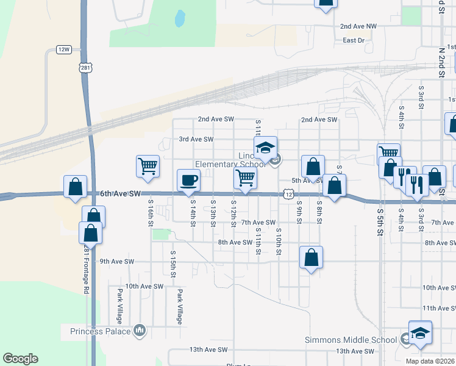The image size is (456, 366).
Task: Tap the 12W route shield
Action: click(x=63, y=49)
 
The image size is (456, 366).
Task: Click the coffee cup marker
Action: click(x=188, y=180)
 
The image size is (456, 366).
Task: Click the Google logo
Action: click(x=21, y=359)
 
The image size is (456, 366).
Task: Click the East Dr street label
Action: click(x=353, y=40)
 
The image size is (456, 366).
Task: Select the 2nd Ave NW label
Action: click(x=358, y=26)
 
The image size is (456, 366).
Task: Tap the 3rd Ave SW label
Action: click(x=196, y=139)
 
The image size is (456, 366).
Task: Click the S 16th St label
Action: click(x=150, y=213)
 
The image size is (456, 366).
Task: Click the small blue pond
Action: click(x=180, y=19)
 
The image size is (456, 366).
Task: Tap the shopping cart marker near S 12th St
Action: click(x=245, y=178)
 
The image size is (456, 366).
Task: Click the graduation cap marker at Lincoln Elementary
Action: click(x=266, y=148)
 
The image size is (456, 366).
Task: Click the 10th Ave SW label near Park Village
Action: click(x=144, y=285)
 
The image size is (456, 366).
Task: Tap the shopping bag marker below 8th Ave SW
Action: click(x=311, y=257)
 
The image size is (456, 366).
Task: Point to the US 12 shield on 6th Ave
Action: click(x=288, y=193)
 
